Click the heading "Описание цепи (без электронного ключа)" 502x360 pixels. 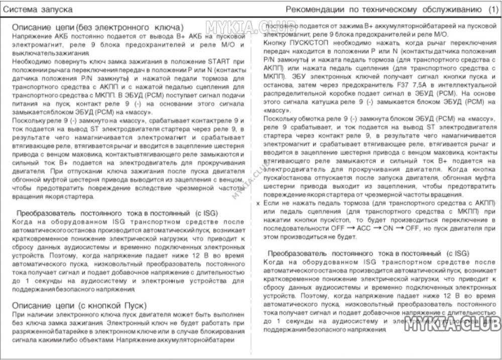pos(97,27)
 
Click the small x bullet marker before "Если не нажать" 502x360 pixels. pos(258,203)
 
